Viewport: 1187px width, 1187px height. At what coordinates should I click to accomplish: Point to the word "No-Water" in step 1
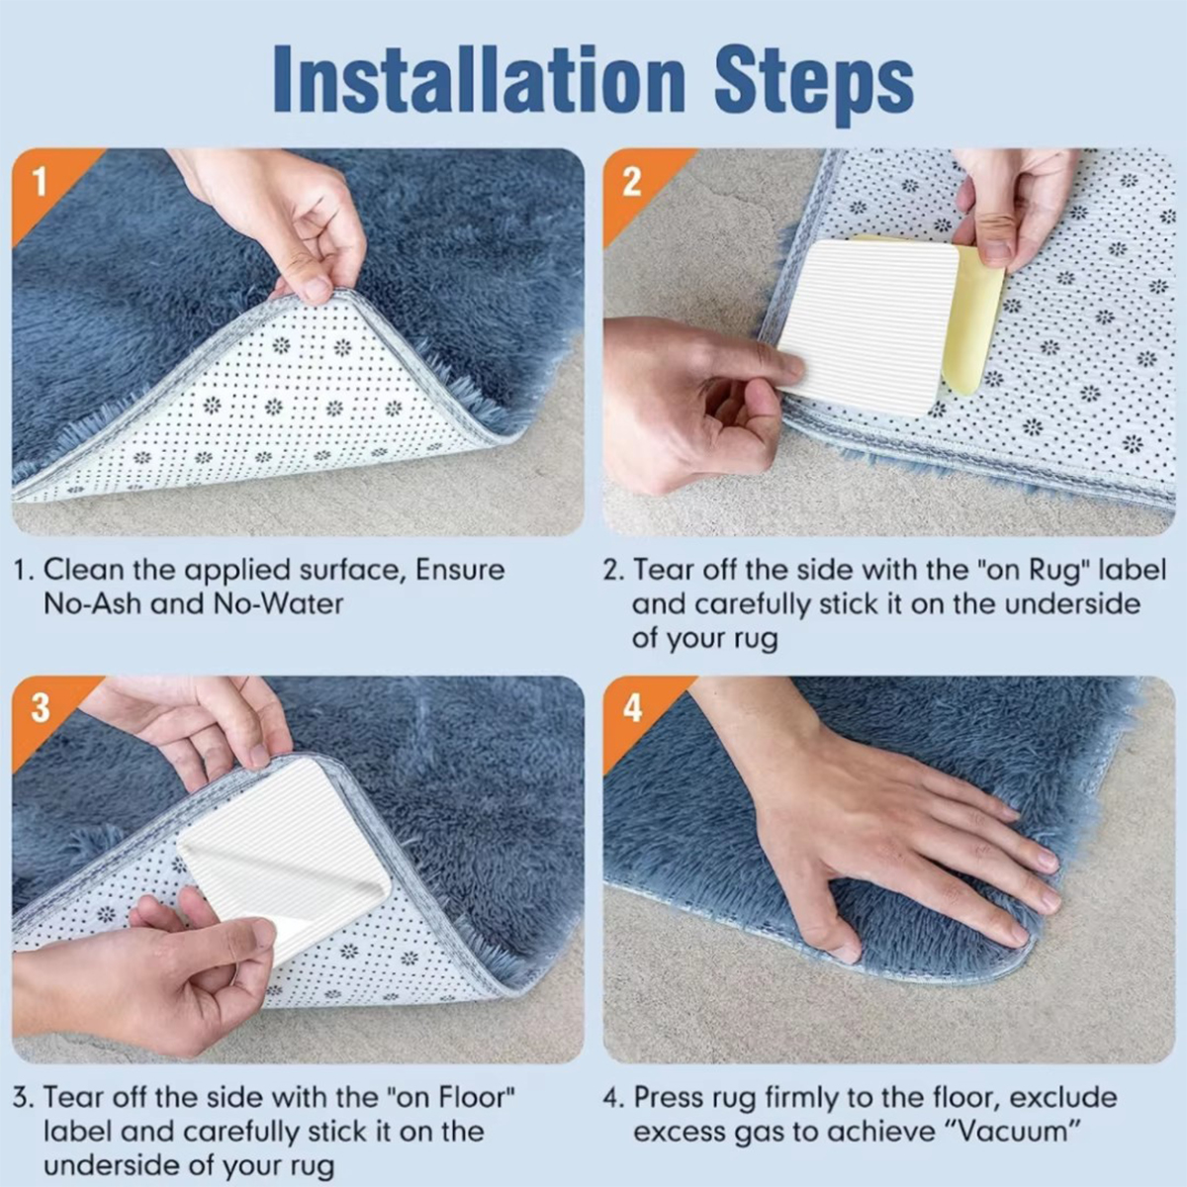(x=278, y=603)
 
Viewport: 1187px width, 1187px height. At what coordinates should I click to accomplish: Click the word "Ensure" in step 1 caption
(x=460, y=570)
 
